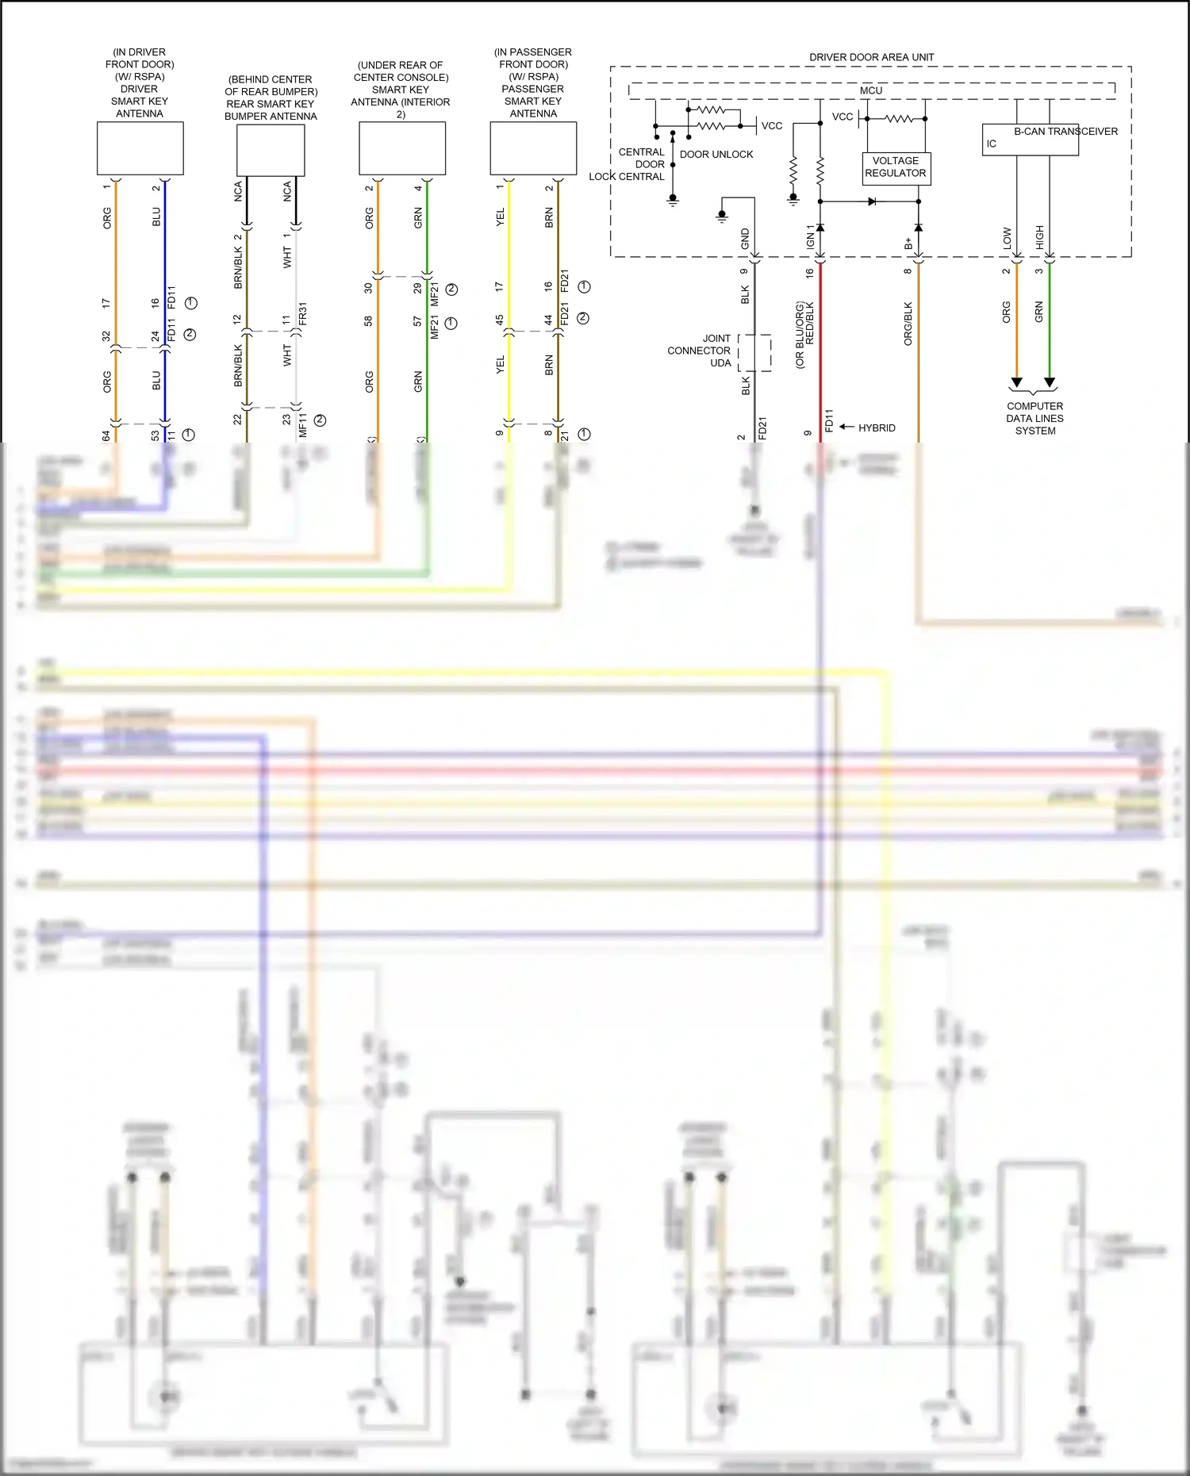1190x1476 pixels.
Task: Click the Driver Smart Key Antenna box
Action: [140, 148]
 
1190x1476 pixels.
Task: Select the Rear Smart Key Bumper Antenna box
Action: [271, 151]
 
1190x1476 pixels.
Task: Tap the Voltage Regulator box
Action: [896, 167]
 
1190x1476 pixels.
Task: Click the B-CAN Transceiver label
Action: [1065, 132]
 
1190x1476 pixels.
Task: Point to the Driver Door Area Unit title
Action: [871, 57]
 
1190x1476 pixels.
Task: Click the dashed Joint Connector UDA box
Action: [754, 352]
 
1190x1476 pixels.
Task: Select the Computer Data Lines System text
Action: [1035, 418]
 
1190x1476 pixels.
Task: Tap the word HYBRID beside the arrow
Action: [877, 427]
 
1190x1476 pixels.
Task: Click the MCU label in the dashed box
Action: [871, 90]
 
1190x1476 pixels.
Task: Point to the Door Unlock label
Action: [716, 155]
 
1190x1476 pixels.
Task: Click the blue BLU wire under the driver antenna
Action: [165, 262]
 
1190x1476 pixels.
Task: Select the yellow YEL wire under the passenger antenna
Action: [509, 262]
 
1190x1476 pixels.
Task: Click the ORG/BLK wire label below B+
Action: [908, 323]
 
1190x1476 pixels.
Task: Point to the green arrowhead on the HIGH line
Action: [1050, 383]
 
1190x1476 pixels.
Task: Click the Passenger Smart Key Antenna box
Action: [533, 148]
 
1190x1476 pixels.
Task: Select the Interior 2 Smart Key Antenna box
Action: [401, 148]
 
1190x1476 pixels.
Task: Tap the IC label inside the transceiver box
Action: [991, 144]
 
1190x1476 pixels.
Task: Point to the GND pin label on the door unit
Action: [745, 239]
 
